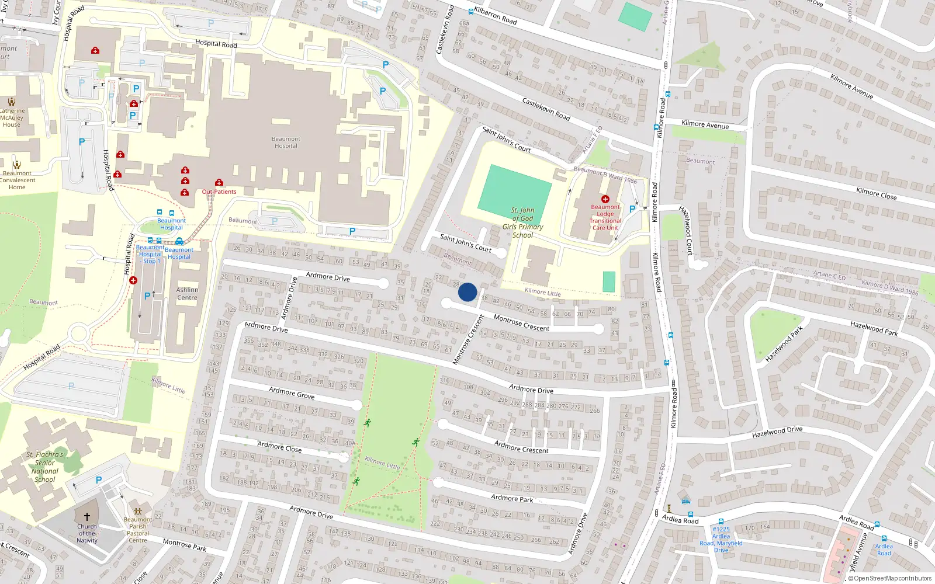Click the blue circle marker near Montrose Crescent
pyautogui.click(x=467, y=292)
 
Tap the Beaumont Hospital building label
pyautogui.click(x=286, y=142)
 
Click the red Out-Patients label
pyautogui.click(x=219, y=192)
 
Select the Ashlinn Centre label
pyautogui.click(x=187, y=294)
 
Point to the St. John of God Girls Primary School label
pyautogui.click(x=522, y=223)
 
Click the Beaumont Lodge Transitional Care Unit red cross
pyautogui.click(x=605, y=199)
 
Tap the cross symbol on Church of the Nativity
pyautogui.click(x=87, y=517)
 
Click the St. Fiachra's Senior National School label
pyautogui.click(x=45, y=467)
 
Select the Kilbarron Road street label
pyautogui.click(x=496, y=16)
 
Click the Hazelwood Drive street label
pyautogui.click(x=777, y=432)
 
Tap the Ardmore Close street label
pyautogui.click(x=279, y=447)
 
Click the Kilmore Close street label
pyautogui.click(x=876, y=194)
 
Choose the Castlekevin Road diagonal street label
pyautogui.click(x=546, y=109)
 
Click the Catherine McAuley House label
pyautogui.click(x=12, y=117)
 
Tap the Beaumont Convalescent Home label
pyautogui.click(x=18, y=180)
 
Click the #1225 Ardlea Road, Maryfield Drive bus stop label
pyautogui.click(x=721, y=540)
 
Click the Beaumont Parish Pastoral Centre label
pyautogui.click(x=138, y=530)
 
